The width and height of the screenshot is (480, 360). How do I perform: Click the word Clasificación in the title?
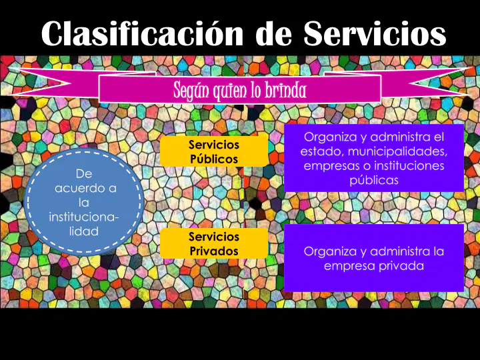[142, 33]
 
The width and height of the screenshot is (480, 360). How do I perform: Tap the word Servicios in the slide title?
[375, 33]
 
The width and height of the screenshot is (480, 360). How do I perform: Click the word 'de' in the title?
[273, 33]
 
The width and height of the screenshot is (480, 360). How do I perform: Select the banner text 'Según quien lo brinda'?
[240, 90]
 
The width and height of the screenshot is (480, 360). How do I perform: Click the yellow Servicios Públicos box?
[214, 151]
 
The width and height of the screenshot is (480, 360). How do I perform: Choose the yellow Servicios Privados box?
[214, 243]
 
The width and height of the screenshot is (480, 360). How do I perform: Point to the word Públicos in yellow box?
[214, 159]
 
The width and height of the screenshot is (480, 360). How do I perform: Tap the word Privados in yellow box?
[214, 251]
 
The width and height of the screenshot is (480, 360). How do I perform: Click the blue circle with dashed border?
[83, 201]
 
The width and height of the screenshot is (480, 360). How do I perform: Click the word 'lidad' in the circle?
[83, 231]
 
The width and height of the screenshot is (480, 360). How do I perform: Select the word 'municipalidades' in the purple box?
[397, 151]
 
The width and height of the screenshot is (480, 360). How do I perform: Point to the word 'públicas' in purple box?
[374, 180]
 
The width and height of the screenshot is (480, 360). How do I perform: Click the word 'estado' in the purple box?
[323, 151]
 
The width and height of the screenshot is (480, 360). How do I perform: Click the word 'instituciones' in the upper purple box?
[409, 165]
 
